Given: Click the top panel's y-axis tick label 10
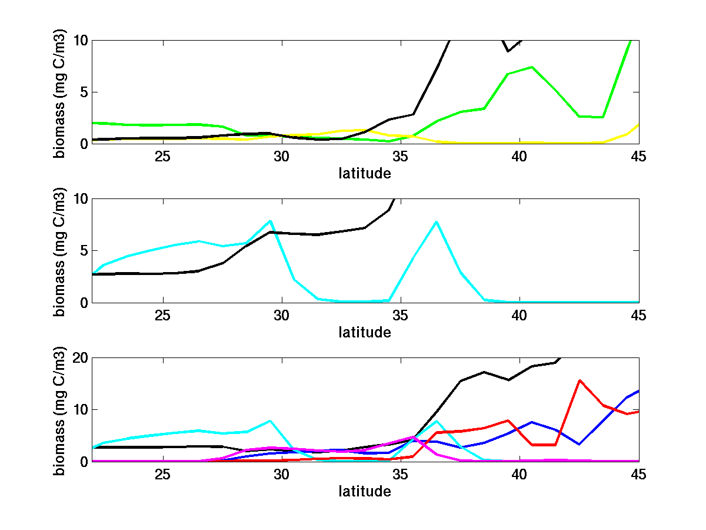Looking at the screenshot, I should tap(80, 40).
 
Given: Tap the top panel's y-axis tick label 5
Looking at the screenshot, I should tap(84, 92).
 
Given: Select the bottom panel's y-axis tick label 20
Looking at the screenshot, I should tap(80, 358).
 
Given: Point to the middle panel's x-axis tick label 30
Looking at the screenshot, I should tap(281, 316).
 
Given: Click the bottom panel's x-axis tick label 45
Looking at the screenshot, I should tap(638, 475).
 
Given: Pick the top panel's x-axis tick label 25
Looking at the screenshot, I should tap(162, 157).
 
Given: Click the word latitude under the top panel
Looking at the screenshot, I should tap(365, 173).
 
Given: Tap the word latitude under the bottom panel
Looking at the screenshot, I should tap(365, 491).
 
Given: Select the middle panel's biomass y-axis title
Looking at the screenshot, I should tap(60, 250).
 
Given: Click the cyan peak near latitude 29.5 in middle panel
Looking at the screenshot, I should tap(270, 221).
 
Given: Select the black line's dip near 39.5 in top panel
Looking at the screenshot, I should tap(508, 51).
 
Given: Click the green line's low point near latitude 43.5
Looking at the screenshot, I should tap(602, 117).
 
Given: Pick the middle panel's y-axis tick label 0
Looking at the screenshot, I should tap(84, 302).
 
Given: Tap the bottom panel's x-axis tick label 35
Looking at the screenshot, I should tap(400, 475).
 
